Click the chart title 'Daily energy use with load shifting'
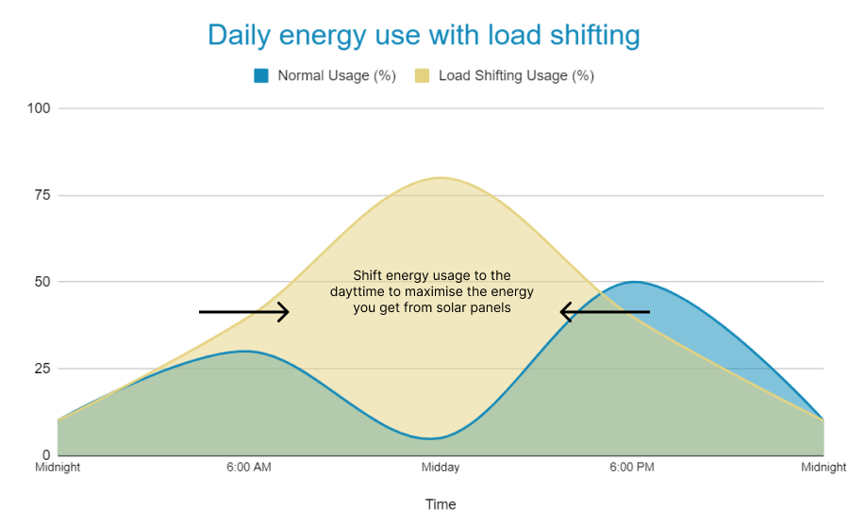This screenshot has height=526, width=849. tap(424, 35)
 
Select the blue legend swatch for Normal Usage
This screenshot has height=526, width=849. tap(261, 75)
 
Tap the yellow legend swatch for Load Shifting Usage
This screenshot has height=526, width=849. tap(422, 75)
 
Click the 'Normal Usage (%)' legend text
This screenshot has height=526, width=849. tap(336, 75)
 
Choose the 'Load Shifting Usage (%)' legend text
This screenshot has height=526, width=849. tap(515, 75)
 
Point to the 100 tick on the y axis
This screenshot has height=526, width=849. tap(39, 108)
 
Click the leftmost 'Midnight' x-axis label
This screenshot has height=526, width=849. tap(58, 468)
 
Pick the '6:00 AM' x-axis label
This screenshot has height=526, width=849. tap(249, 468)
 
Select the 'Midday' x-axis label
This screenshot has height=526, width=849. tap(441, 468)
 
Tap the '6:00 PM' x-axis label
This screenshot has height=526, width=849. tap(632, 468)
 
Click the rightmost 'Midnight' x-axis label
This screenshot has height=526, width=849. tap(824, 468)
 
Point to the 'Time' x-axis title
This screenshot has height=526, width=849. tap(441, 504)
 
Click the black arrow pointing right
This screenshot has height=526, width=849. tap(244, 311)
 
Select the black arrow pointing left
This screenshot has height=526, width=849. tap(605, 311)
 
